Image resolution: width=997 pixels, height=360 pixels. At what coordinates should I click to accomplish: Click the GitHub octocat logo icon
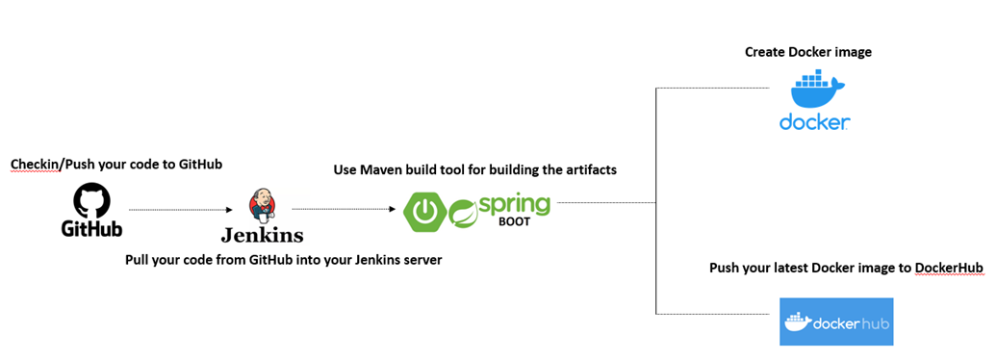[92, 201]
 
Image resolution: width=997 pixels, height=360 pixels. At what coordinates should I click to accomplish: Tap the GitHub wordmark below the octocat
[92, 229]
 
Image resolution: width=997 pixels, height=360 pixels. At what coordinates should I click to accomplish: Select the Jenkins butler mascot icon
[261, 205]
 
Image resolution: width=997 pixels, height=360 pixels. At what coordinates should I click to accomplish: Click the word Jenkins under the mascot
[262, 235]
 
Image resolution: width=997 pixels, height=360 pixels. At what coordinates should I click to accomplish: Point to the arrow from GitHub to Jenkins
[183, 208]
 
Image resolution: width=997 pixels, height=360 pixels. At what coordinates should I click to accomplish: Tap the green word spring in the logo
[514, 205]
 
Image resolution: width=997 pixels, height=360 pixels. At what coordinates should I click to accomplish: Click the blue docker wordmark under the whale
[814, 122]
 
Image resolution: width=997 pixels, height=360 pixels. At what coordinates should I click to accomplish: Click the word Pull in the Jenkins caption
[139, 259]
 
